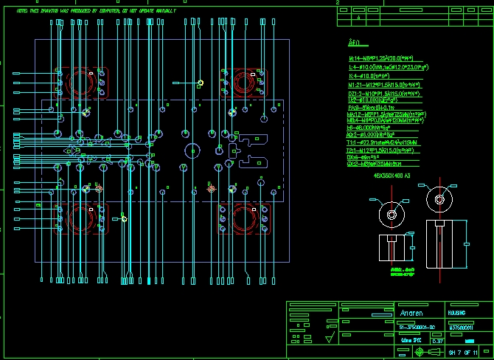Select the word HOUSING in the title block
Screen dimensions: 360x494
click(457, 312)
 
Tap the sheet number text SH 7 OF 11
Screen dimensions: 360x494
click(464, 353)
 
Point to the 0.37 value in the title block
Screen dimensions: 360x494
click(437, 340)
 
